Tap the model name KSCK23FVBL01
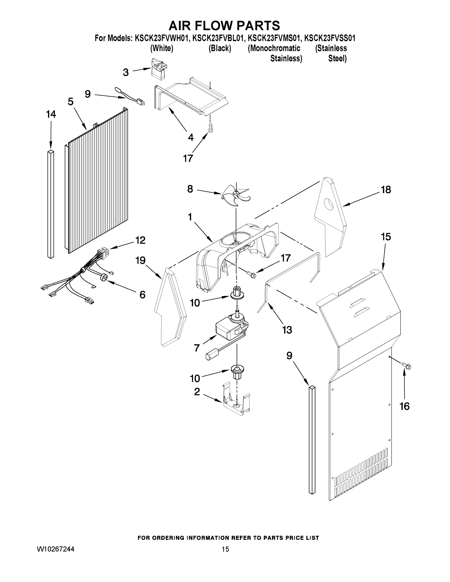pyautogui.click(x=218, y=38)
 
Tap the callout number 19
pyautogui.click(x=140, y=260)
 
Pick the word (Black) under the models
pyautogui.click(x=220, y=48)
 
